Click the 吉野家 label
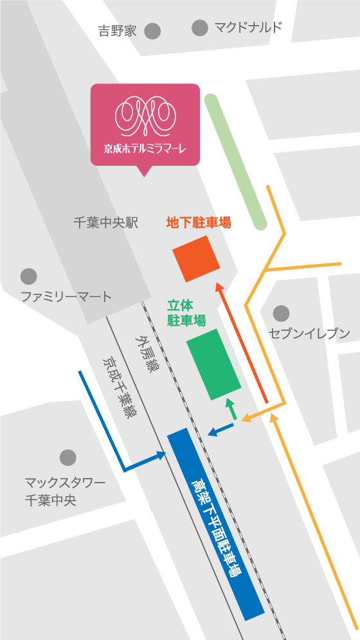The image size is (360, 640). [x=118, y=31]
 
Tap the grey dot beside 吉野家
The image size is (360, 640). [x=152, y=30]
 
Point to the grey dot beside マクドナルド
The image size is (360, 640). [x=200, y=28]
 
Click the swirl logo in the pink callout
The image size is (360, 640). [x=145, y=113]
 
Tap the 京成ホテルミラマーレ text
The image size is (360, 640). [x=145, y=148]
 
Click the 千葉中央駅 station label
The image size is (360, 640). [x=106, y=223]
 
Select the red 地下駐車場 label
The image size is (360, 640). [x=199, y=223]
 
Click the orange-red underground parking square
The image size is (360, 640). [x=196, y=258]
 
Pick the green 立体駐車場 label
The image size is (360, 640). [x=186, y=312]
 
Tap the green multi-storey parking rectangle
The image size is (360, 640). [x=213, y=364]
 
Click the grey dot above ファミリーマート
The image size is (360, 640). [x=28, y=276]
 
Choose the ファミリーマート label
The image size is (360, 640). [x=66, y=297]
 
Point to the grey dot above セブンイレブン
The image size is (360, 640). [x=281, y=314]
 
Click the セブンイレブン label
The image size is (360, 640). [x=309, y=333]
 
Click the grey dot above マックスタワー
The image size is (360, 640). [x=67, y=458]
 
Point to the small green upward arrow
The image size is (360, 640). [x=230, y=409]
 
